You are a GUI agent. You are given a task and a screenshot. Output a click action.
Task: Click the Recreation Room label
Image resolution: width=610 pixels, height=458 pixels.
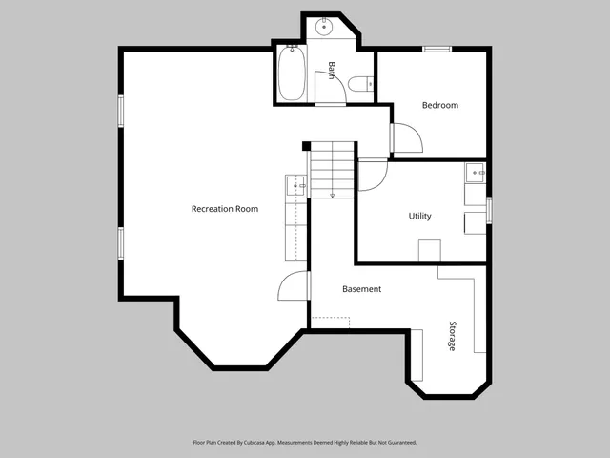224,209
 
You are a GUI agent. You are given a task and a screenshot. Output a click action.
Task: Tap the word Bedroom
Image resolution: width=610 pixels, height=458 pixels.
440,105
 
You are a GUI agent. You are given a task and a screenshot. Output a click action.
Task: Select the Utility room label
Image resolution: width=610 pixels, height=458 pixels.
419,216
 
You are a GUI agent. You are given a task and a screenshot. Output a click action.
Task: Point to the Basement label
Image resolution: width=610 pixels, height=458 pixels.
362,289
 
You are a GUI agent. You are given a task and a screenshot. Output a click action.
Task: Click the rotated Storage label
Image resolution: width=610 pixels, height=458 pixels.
453,335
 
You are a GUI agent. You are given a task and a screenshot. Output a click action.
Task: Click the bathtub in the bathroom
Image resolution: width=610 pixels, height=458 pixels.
291,74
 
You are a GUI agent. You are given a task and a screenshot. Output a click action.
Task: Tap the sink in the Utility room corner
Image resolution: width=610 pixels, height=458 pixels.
474,173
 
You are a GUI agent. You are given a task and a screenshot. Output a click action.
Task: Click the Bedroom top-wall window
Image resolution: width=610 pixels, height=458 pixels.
437,49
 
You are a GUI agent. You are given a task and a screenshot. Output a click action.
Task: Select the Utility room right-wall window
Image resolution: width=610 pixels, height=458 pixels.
489,209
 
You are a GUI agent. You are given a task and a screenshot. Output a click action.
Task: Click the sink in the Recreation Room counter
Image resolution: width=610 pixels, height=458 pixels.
295,186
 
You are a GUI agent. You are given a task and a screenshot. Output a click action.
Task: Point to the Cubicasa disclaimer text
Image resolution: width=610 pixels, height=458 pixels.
304,443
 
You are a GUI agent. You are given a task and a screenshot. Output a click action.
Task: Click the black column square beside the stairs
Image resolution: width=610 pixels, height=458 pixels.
306,146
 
